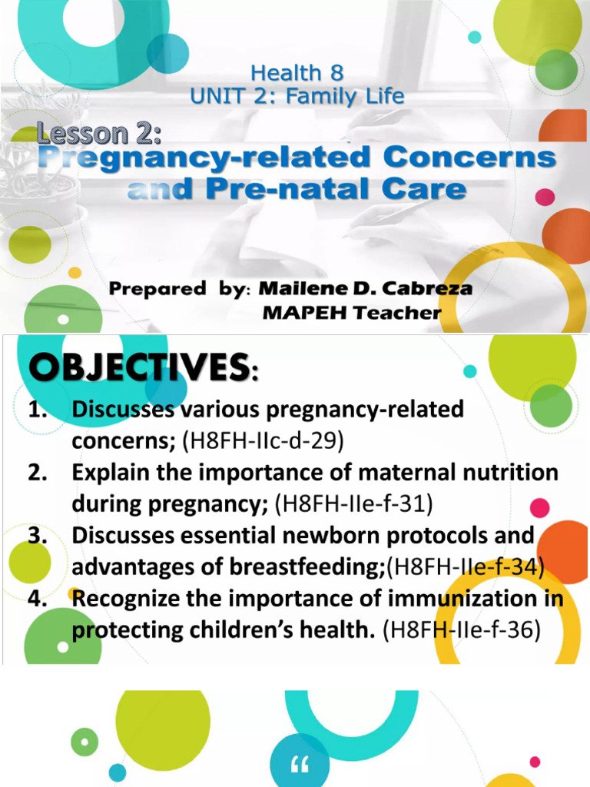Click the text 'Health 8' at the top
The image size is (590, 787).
(297, 74)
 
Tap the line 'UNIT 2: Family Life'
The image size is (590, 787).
(297, 97)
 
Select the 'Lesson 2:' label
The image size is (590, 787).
(101, 134)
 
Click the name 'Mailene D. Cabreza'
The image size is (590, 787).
(366, 289)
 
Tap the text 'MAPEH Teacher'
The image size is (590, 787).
(352, 312)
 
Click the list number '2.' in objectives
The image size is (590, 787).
(39, 473)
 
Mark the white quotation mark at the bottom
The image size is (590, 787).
(300, 765)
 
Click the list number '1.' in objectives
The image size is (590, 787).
(39, 410)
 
